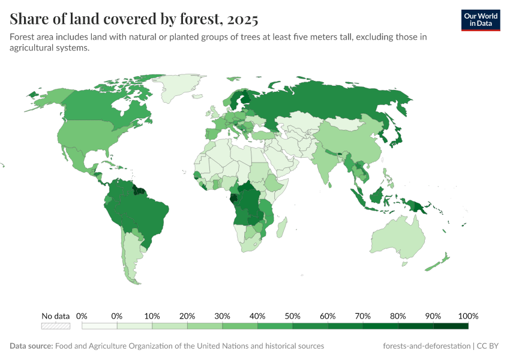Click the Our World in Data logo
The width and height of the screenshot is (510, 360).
pos(480,20)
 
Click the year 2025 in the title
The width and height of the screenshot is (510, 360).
pos(242,19)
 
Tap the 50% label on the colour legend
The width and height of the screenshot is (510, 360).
pos(292,316)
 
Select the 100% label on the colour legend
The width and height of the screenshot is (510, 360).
pos(468,316)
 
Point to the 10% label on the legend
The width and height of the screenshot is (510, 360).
pos(152,316)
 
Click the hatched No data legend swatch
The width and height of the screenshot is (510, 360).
pos(56,326)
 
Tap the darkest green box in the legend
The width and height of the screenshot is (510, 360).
pos(451,326)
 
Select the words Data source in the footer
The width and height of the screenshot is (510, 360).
pos(31,346)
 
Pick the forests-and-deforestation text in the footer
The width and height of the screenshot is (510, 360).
pos(426,346)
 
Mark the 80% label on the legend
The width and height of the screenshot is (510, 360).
pos(398,316)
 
